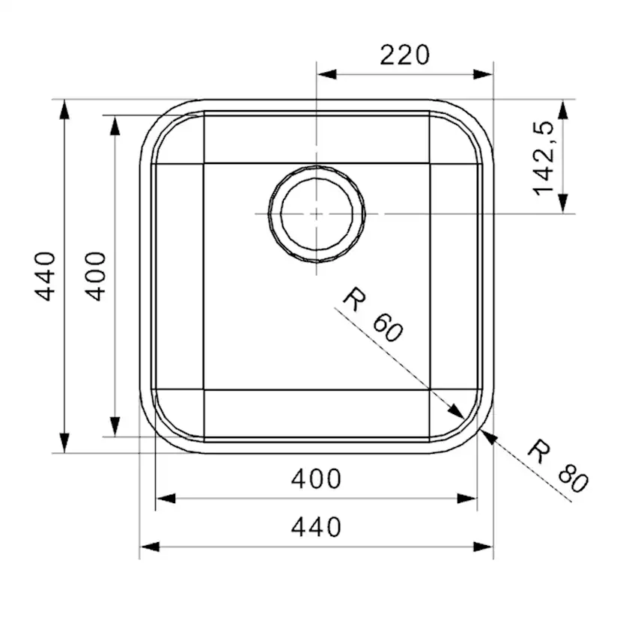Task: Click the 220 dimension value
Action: point(404,55)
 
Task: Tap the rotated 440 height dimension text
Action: point(47,276)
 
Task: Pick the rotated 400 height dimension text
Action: point(96,276)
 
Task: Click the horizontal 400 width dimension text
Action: point(315,478)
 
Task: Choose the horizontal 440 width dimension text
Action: point(315,527)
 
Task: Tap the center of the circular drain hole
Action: point(317,213)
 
